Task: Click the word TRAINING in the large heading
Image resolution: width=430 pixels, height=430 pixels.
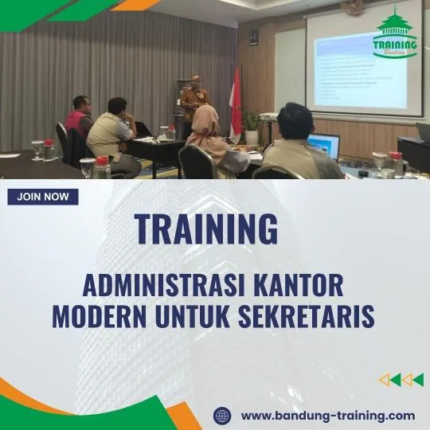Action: coord(206,229)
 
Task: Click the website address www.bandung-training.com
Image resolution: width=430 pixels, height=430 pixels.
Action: coord(327,416)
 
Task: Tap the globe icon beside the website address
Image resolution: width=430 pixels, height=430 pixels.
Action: coord(222,416)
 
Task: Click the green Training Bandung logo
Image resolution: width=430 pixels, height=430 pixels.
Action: coord(395,33)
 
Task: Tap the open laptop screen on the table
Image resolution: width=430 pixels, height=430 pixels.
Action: coord(324,146)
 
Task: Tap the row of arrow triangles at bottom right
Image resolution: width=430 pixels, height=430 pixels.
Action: coord(401,380)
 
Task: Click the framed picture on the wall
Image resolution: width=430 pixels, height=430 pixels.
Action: coord(253,37)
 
